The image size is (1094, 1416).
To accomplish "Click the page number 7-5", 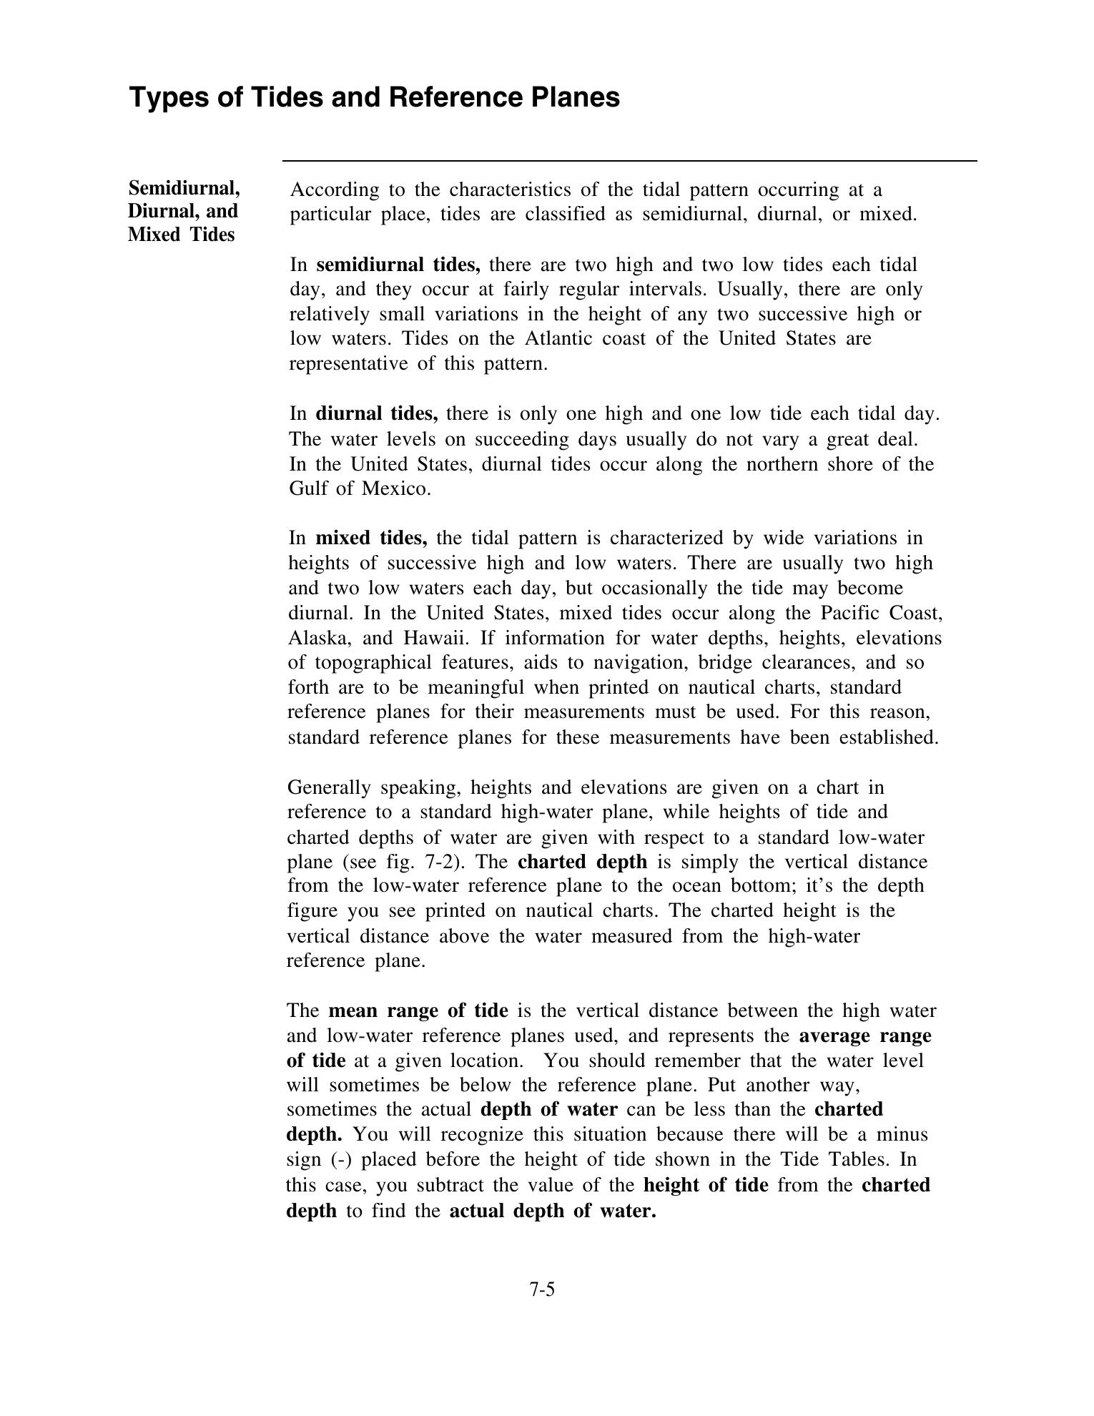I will pos(542,1290).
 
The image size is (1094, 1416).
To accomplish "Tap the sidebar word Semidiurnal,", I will pos(184,189).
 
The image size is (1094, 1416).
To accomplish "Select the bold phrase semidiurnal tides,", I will pos(398,265).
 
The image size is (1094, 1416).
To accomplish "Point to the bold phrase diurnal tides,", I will pos(377,414).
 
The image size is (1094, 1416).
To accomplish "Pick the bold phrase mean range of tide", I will pos(418,1011).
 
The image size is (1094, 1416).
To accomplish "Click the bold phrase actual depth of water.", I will pos(552,1211).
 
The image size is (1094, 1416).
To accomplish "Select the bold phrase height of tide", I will pos(706,1186).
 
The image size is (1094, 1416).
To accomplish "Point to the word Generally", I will pos(329,788).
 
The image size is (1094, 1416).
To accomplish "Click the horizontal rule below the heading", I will pos(629,162).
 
